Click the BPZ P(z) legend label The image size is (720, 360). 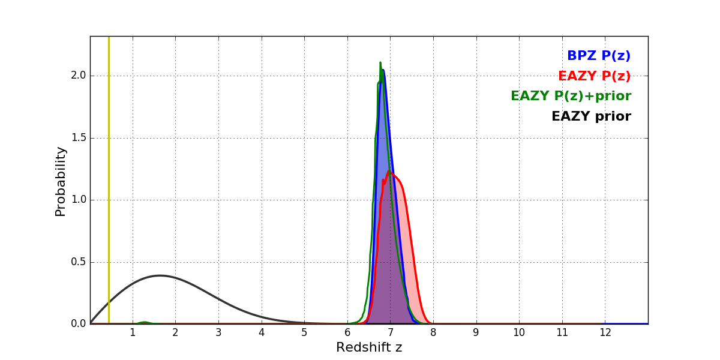pos(598,56)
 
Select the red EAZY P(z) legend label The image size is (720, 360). pos(594,76)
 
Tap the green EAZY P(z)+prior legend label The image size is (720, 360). pos(571,96)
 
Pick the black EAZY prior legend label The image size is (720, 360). pos(591,116)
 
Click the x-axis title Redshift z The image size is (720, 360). pos(369,347)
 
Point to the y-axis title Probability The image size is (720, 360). pos(61,181)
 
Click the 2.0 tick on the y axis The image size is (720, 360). pos(79,76)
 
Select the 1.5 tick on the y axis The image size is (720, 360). pos(79,138)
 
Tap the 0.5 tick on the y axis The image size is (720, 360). pos(79,262)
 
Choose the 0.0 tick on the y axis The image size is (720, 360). pos(79,324)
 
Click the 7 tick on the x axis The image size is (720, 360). pos(390,333)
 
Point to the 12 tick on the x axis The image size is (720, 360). pos(605,333)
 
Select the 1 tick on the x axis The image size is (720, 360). pos(133,333)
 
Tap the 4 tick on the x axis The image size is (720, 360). pos(262,333)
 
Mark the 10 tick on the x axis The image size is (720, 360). pos(519,333)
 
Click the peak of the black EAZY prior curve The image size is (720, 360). pos(160,275)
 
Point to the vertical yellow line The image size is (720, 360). pos(109,180)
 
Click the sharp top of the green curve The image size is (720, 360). pos(380,62)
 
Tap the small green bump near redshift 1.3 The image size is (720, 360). pos(145,322)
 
